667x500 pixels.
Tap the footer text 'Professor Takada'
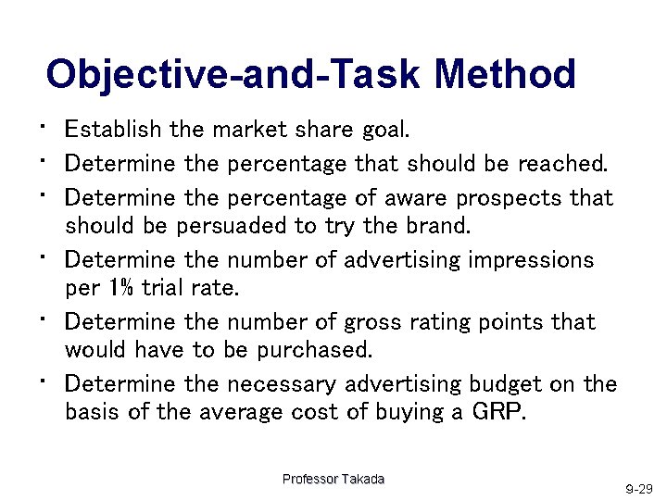pyautogui.click(x=333, y=479)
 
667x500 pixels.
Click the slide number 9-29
pyautogui.click(x=638, y=488)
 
